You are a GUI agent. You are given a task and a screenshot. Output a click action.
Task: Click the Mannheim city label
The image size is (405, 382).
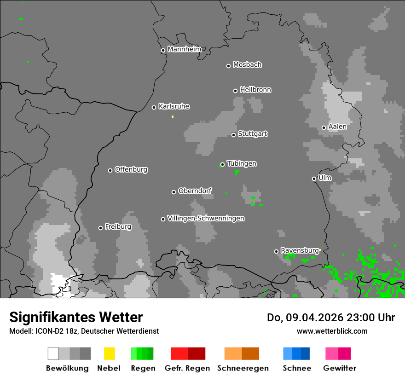tap(185, 49)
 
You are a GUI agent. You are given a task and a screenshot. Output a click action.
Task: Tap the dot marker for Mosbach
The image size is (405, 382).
tap(228, 66)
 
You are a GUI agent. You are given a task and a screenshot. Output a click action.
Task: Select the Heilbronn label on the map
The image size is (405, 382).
tap(255, 90)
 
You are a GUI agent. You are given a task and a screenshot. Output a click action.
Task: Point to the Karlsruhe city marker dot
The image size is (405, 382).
tap(154, 107)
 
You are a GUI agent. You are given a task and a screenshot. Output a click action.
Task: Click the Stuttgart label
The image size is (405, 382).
tap(253, 134)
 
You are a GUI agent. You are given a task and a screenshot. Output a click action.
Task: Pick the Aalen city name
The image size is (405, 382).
tap(337, 127)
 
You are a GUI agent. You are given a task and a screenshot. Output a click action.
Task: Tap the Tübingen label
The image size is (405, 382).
tap(242, 163)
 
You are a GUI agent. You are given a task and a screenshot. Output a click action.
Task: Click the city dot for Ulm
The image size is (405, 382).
tap(314, 179)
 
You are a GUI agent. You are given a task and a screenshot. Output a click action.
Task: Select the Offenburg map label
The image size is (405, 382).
tap(131, 169)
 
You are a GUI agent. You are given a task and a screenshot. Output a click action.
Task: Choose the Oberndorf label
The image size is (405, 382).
tap(195, 191)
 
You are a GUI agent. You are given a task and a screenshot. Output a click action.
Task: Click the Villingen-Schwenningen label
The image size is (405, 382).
tap(206, 218)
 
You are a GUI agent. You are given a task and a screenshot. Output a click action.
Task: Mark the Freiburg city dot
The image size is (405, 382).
tap(100, 228)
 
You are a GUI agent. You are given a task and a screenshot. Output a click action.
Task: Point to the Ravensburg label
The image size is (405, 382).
tap(300, 250)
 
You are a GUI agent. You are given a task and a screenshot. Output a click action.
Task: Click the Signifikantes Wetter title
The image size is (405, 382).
tap(76, 317)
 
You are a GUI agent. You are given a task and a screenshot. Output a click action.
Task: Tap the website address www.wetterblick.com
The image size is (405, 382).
tap(332, 331)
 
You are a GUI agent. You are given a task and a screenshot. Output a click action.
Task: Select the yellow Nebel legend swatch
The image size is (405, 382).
tap(109, 353)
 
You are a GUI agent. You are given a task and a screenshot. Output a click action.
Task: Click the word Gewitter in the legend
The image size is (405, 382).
tap(340, 368)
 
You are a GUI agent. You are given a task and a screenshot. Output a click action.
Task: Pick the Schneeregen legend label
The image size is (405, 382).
tap(243, 368)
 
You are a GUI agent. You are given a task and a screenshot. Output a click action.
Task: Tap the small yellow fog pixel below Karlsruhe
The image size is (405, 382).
tap(173, 116)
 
